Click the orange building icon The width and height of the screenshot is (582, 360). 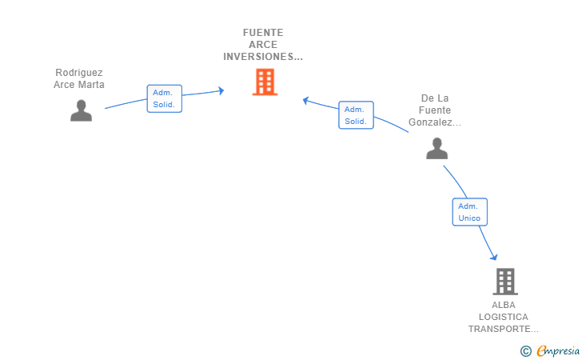(265, 82)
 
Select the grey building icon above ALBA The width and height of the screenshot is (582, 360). (505, 282)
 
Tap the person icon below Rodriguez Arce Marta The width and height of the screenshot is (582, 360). (82, 110)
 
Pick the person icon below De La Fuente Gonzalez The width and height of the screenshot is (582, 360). (436, 148)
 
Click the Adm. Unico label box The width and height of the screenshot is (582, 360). (469, 212)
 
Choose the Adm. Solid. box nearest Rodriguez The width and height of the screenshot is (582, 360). (165, 98)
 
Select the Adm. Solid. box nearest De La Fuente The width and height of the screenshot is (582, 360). (356, 115)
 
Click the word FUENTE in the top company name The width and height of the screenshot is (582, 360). (263, 33)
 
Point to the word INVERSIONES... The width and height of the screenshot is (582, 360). (258, 57)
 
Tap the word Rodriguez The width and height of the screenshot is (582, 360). (79, 73)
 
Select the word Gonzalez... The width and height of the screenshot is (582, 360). (431, 122)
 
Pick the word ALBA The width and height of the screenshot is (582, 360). (504, 305)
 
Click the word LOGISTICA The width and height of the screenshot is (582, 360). (504, 317)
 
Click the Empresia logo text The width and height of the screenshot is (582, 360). (558, 351)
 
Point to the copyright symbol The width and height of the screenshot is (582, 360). (525, 351)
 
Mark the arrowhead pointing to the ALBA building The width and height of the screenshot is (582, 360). (494, 257)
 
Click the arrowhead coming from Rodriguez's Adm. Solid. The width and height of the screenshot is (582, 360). (221, 90)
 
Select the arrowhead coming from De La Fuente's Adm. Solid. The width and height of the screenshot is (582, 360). (305, 100)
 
